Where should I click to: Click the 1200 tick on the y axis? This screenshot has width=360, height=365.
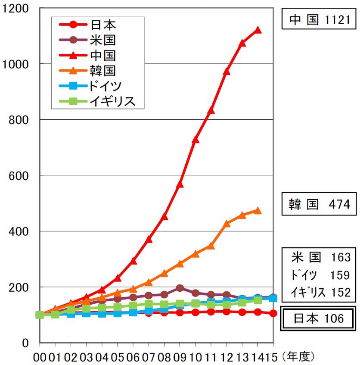16,8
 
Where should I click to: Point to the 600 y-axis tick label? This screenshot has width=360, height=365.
19,175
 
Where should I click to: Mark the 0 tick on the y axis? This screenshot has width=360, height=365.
26,343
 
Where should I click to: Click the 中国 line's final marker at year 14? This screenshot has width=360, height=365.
258,30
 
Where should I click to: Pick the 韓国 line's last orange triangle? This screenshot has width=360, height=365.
258,210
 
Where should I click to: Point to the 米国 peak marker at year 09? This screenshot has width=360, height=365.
180,288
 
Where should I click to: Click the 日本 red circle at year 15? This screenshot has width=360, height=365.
273,313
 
